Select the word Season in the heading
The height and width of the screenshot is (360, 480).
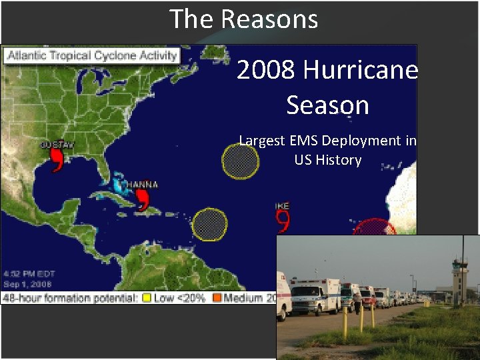pyautogui.click(x=327, y=105)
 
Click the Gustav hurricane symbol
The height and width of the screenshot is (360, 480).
pyautogui.click(x=57, y=159)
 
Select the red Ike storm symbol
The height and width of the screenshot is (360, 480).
pyautogui.click(x=283, y=220)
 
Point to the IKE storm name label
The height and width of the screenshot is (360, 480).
pyautogui.click(x=282, y=206)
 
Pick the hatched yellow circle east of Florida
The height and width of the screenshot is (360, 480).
pyautogui.click(x=240, y=161)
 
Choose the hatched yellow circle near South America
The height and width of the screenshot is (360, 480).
pyautogui.click(x=210, y=225)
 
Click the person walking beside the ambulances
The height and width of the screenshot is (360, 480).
pyautogui.click(x=357, y=304)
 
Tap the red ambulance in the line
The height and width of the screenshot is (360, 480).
pyautogui.click(x=367, y=297)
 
